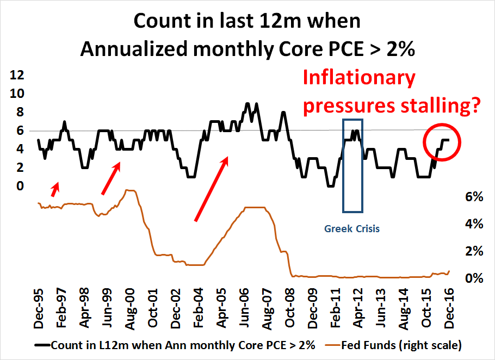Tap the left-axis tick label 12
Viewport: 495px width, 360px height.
point(17,75)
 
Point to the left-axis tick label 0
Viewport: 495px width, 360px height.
point(20,187)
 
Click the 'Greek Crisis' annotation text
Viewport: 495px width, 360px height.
point(352,228)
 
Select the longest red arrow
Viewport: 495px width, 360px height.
point(211,188)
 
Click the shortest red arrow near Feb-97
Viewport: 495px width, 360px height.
point(55,189)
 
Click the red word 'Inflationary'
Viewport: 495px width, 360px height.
point(358,78)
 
